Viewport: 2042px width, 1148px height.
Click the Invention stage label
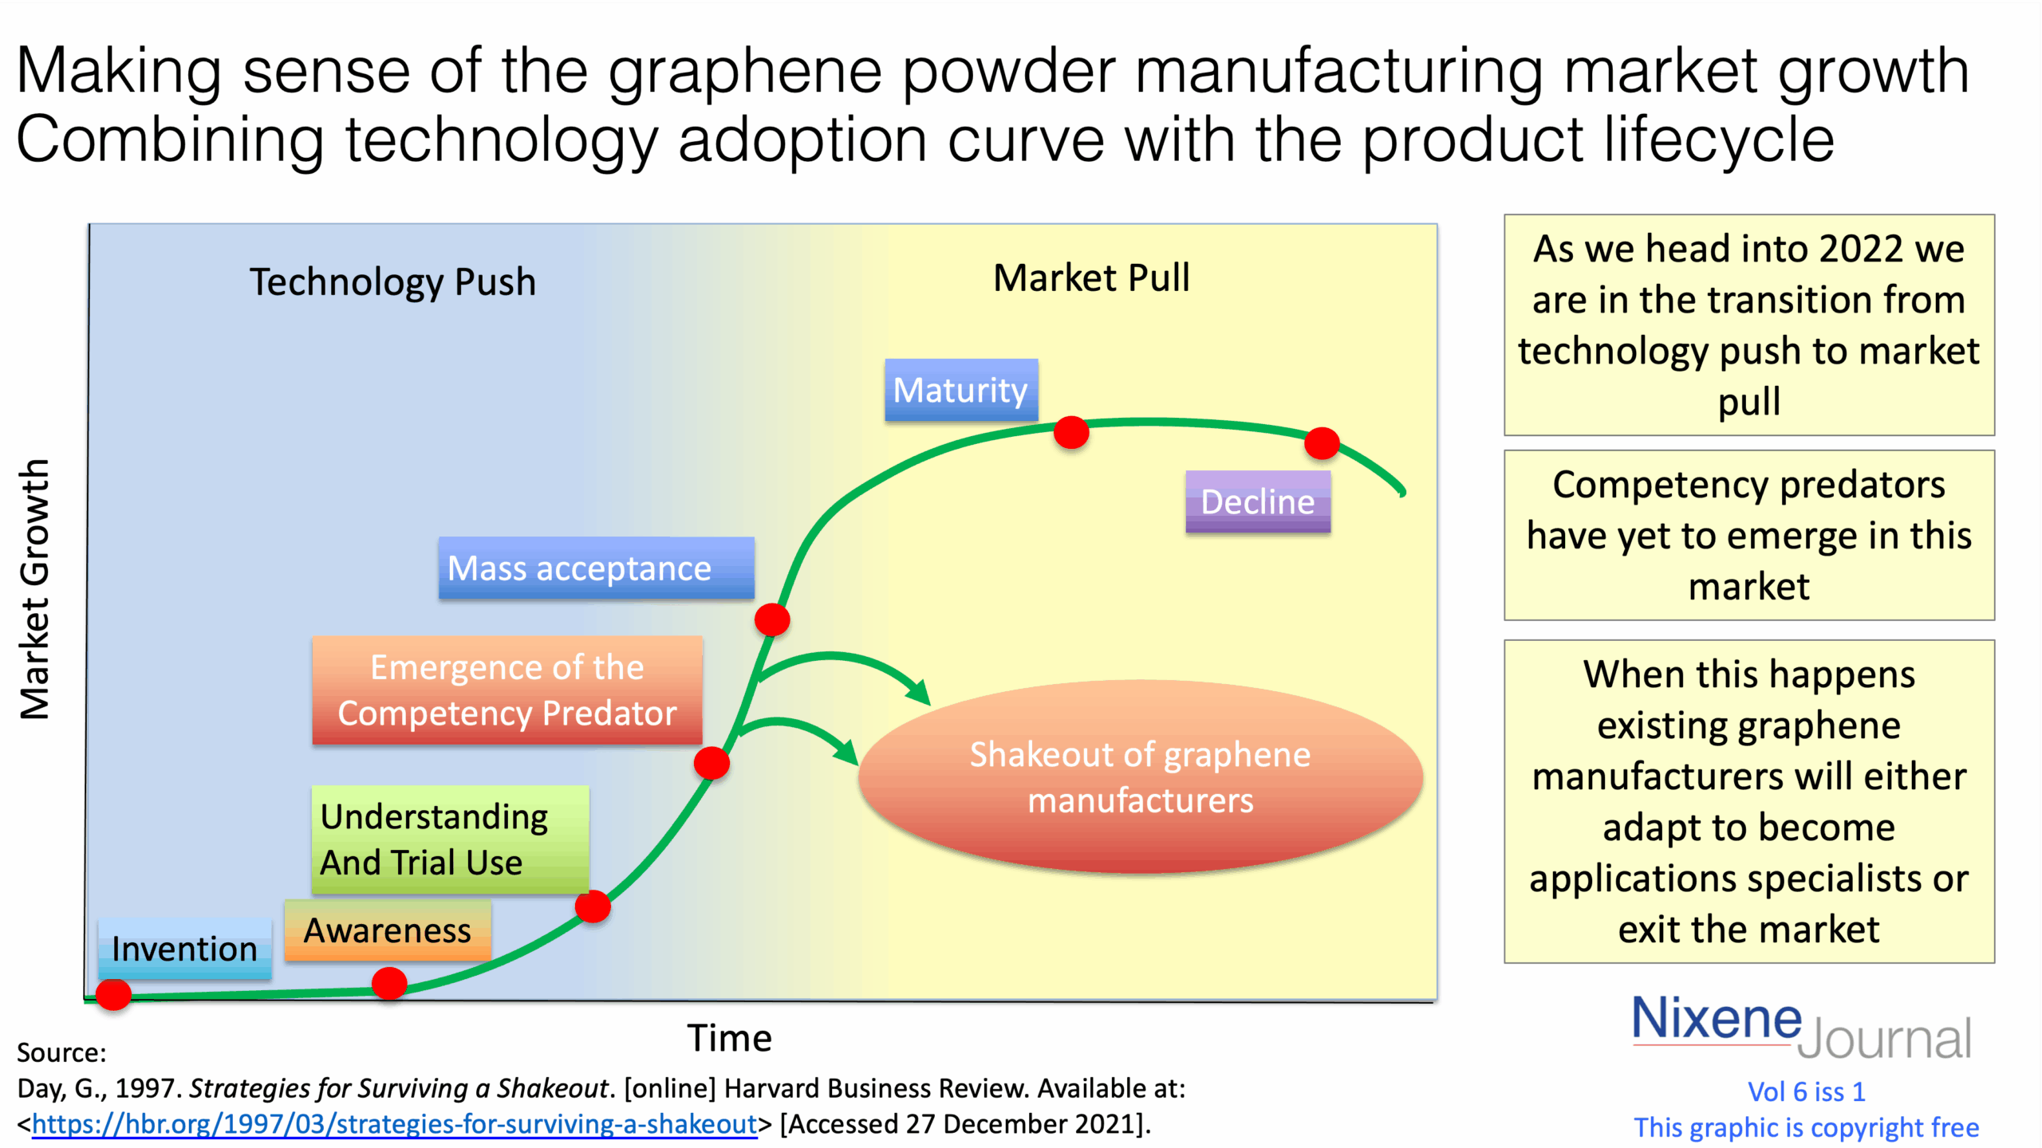[184, 948]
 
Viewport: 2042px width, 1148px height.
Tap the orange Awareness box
[388, 930]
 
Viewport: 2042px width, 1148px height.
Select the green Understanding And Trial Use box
[450, 839]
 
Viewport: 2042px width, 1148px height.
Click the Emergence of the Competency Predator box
[507, 690]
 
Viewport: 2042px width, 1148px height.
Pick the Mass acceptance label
[595, 568]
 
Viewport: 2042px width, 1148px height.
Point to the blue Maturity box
[960, 390]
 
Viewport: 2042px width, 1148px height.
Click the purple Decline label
[1257, 501]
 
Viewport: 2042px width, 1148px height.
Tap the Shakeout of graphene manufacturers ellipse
[1140, 777]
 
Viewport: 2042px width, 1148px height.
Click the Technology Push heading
[392, 282]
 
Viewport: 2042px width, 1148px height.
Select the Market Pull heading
[1091, 278]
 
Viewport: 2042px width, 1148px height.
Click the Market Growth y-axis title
[35, 589]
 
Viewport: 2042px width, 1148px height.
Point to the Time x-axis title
[729, 1038]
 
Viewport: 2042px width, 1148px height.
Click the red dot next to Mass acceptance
[772, 619]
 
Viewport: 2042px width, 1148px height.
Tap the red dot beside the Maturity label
[1070, 432]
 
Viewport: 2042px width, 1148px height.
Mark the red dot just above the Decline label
[1321, 442]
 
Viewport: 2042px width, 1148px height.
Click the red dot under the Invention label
[113, 994]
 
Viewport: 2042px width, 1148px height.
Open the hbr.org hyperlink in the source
[394, 1124]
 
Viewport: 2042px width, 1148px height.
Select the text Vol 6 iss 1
[1806, 1091]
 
